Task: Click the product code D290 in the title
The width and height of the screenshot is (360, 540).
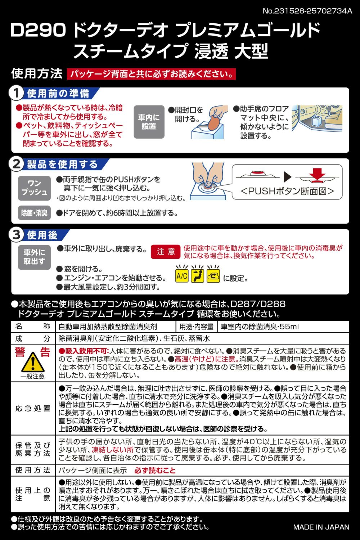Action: tap(38, 30)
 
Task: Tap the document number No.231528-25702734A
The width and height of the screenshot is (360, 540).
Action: tap(307, 11)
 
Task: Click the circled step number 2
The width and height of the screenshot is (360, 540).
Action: tap(16, 165)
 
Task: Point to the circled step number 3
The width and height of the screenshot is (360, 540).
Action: tap(16, 235)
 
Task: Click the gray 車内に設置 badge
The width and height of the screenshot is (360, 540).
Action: tap(149, 122)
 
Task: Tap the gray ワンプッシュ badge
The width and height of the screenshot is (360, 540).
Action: tap(34, 188)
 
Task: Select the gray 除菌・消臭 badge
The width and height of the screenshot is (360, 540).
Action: tap(34, 213)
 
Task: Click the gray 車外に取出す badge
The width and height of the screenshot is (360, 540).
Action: tap(34, 257)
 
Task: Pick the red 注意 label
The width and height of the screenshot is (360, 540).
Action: tap(166, 252)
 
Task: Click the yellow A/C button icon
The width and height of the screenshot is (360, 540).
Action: tap(182, 275)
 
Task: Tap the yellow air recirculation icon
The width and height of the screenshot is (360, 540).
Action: tap(213, 275)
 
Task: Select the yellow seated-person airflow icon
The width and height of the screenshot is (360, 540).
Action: tap(198, 275)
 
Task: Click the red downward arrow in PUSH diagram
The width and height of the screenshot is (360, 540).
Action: tap(317, 173)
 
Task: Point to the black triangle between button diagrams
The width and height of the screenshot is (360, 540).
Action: tap(287, 177)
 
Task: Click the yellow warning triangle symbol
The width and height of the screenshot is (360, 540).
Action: tap(33, 362)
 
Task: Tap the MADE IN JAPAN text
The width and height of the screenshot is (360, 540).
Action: tap(321, 527)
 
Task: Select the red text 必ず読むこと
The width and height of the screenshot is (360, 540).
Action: tap(155, 470)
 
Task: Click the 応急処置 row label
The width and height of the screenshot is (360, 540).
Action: tap(33, 408)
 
